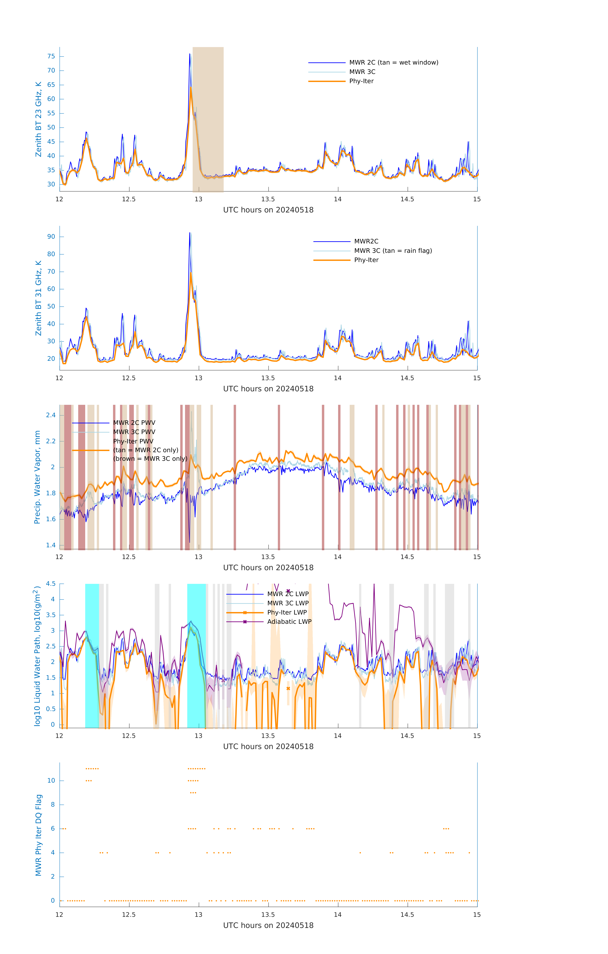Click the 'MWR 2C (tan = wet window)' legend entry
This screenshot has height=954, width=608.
click(393, 63)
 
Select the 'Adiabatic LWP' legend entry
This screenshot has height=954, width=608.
click(289, 622)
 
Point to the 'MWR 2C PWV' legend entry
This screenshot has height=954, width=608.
click(134, 423)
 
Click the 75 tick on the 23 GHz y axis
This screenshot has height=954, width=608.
click(51, 56)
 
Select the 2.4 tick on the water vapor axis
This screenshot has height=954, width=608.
click(51, 415)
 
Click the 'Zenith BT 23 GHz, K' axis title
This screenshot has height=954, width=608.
click(38, 119)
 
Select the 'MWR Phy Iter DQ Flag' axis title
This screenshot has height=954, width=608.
click(38, 835)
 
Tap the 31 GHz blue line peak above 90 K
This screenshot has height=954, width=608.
click(190, 233)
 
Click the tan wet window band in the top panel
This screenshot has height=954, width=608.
click(208, 119)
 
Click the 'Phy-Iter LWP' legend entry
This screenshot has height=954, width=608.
click(287, 612)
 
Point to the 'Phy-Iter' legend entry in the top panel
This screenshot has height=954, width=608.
click(361, 81)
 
